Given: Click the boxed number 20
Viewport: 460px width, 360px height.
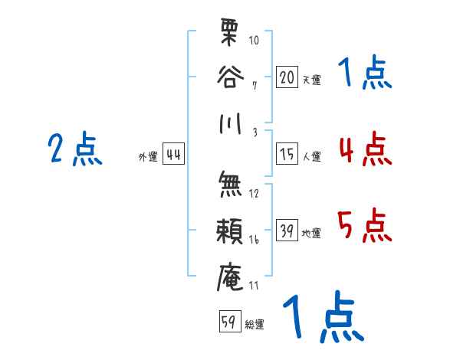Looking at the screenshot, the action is point(287,77).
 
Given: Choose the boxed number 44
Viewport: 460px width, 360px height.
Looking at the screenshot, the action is point(173,155).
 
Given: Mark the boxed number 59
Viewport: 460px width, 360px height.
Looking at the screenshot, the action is point(229,322).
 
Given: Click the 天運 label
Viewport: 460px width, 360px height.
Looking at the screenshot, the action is point(311,80).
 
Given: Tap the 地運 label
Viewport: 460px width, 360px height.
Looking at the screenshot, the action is point(311,234).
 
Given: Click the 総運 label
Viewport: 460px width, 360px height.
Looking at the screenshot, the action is point(255,324).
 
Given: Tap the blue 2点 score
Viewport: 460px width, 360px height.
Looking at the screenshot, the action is point(74,149).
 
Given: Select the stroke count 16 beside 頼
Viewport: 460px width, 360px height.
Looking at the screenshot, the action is point(254,240).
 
